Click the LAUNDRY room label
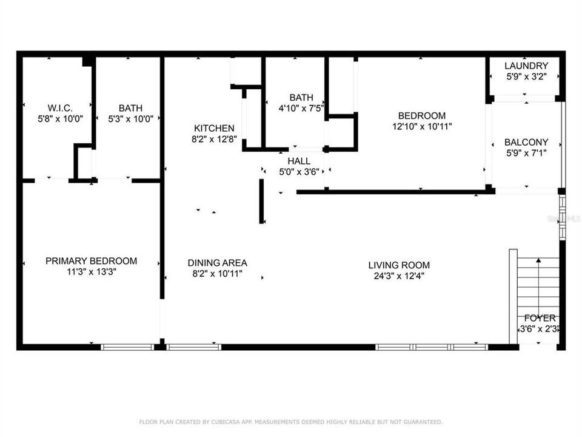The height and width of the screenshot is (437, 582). click(x=526, y=66)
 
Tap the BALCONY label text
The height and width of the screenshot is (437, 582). click(x=526, y=142)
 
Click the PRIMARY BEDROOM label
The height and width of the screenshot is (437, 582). click(x=91, y=261)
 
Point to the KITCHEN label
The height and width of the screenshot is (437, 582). click(x=214, y=128)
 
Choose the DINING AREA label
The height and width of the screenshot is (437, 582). click(x=217, y=263)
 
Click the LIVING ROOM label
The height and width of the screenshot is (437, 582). click(x=399, y=265)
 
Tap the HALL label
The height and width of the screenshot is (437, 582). click(x=299, y=161)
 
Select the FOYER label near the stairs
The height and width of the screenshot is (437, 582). click(x=540, y=318)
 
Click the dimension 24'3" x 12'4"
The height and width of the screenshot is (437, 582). click(x=399, y=276)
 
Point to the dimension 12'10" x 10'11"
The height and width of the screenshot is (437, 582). click(x=421, y=126)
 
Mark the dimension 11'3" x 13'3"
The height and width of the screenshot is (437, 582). click(x=91, y=272)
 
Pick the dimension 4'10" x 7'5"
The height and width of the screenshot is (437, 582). click(x=301, y=108)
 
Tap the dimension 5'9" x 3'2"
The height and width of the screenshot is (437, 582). click(x=526, y=76)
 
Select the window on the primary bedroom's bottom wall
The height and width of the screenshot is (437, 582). click(x=127, y=347)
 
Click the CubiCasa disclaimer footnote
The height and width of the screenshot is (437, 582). click(x=291, y=422)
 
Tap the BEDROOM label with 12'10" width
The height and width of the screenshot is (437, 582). click(x=421, y=115)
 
